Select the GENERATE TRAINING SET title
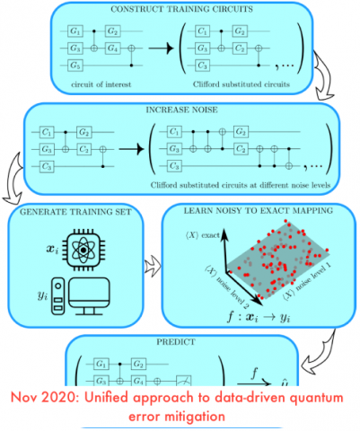(71, 213)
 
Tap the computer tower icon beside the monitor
(58, 298)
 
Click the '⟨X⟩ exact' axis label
(199, 236)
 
